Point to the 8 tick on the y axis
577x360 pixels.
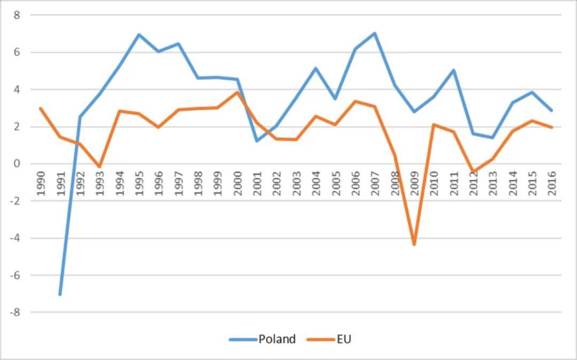click(17, 15)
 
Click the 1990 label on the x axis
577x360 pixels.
click(41, 183)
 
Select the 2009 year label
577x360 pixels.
click(415, 183)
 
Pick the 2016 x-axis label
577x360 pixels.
click(552, 183)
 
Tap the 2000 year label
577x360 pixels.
click(238, 183)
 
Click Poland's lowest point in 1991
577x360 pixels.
click(60, 294)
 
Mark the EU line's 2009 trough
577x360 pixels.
click(414, 245)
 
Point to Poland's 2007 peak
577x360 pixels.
click(375, 33)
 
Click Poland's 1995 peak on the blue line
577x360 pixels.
click(139, 35)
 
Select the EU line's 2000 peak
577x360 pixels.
click(237, 92)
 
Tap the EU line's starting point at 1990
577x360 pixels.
click(41, 108)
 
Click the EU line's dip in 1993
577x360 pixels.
click(99, 167)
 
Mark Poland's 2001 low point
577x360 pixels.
click(257, 140)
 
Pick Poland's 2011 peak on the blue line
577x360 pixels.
click(454, 70)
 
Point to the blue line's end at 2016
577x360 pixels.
click(551, 111)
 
